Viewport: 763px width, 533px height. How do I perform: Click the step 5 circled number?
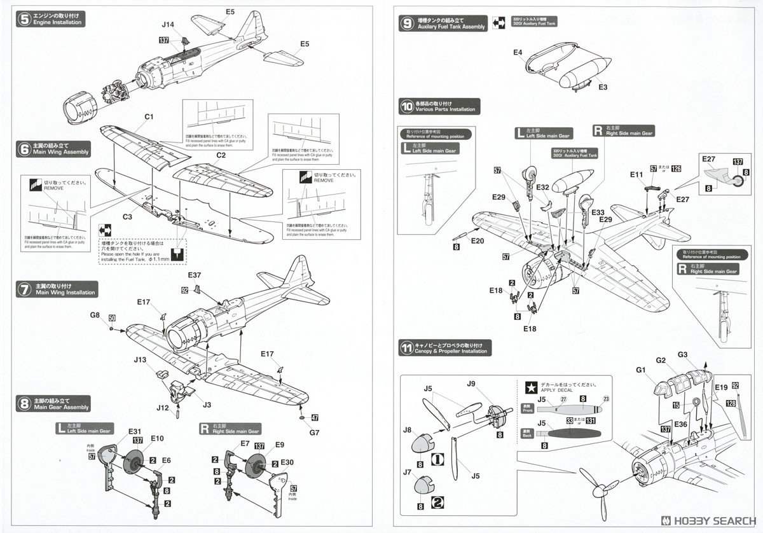pyautogui.click(x=24, y=18)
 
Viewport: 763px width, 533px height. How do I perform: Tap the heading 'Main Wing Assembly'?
pyautogui.click(x=62, y=153)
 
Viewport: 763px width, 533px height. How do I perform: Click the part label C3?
pyautogui.click(x=127, y=217)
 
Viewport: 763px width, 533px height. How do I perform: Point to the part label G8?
pyautogui.click(x=95, y=315)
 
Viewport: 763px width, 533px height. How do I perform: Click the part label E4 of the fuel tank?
pyautogui.click(x=518, y=52)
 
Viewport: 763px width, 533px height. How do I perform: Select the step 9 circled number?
pyautogui.click(x=407, y=23)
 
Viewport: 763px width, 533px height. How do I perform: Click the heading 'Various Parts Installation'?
pyautogui.click(x=445, y=109)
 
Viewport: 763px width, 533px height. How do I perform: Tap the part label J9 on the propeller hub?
pyautogui.click(x=471, y=384)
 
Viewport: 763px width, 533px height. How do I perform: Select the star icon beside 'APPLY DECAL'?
pyautogui.click(x=529, y=386)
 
